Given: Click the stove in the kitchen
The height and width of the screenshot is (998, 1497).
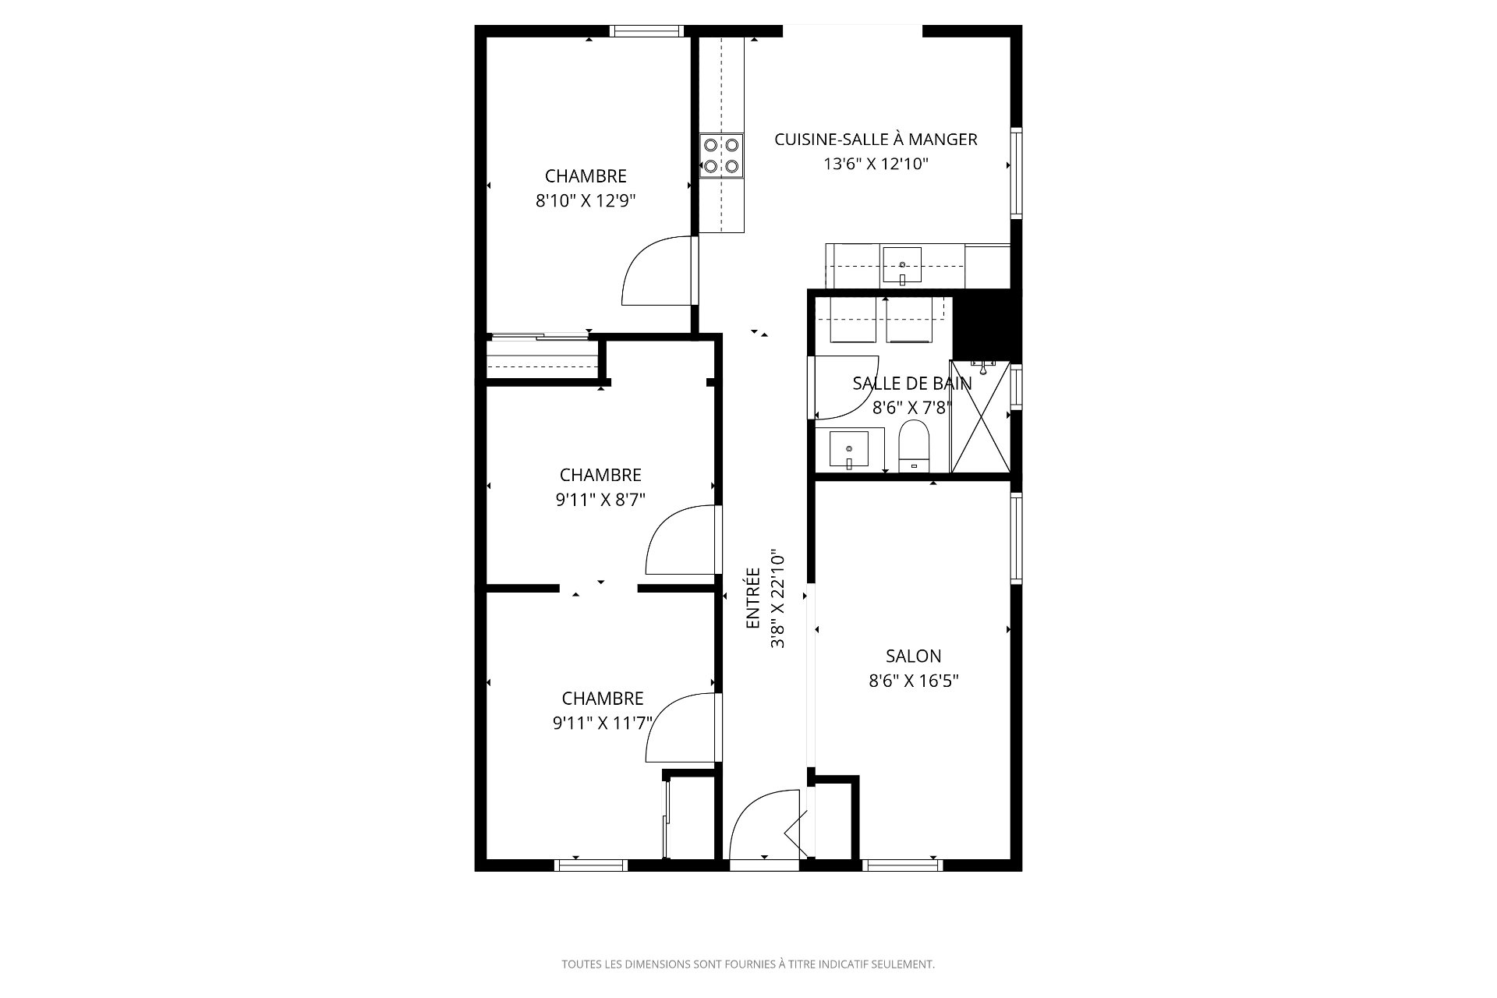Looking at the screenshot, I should pyautogui.click(x=721, y=155).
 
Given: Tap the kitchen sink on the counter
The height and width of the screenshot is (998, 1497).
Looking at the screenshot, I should pyautogui.click(x=901, y=266).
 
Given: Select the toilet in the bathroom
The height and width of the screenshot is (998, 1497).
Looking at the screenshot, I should pyautogui.click(x=914, y=447).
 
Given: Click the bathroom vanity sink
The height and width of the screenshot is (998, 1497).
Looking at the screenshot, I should pyautogui.click(x=848, y=451).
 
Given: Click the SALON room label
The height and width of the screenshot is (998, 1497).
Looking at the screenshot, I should pyautogui.click(x=913, y=656).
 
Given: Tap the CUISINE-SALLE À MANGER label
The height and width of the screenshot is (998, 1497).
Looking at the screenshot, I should pyautogui.click(x=876, y=140).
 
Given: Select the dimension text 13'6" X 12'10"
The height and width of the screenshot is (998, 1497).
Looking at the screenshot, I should pyautogui.click(x=876, y=165).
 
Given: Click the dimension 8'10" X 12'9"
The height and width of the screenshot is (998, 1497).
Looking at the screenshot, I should pyautogui.click(x=586, y=201).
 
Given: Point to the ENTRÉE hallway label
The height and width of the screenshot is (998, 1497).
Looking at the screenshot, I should pyautogui.click(x=753, y=598).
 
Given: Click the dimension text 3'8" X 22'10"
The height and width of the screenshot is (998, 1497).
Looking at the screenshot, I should pyautogui.click(x=777, y=600).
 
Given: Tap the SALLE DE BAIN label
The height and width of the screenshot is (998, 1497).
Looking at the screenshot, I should pyautogui.click(x=911, y=384).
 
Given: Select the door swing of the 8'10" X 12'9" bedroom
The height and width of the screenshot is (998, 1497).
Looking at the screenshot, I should pyautogui.click(x=660, y=270).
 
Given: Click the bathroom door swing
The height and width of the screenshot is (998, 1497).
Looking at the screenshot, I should pyautogui.click(x=844, y=387).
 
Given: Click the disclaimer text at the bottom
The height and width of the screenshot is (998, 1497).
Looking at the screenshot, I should pyautogui.click(x=748, y=964).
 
